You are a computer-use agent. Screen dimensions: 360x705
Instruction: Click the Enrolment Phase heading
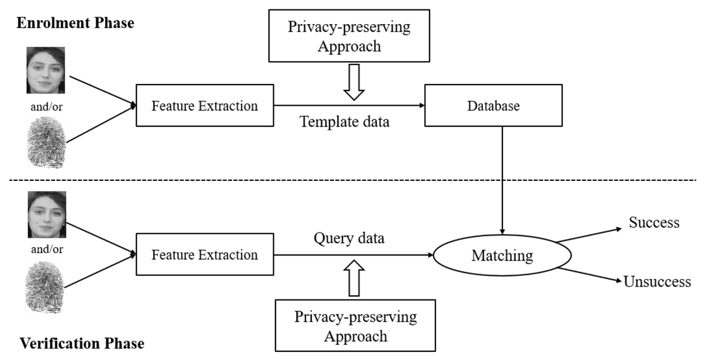pos(75,23)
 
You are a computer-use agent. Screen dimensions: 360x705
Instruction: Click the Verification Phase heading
pos(82,343)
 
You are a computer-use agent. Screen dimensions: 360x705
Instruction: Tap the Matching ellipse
pos(502,255)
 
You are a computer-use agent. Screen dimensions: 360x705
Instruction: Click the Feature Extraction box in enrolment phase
pos(204,106)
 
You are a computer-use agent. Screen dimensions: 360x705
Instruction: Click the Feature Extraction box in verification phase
pos(204,255)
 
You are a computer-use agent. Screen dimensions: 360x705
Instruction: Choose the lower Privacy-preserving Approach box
pos(355,327)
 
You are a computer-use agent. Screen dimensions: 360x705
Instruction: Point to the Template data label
pos(344,122)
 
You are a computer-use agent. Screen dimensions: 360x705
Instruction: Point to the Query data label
pos(349,239)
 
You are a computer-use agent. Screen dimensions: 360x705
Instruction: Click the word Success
pos(654,223)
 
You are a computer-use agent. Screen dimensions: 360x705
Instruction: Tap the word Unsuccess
pos(657,282)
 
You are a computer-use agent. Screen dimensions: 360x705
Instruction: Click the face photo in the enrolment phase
pos(46,70)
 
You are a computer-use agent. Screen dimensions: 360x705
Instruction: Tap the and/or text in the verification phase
pos(46,248)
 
